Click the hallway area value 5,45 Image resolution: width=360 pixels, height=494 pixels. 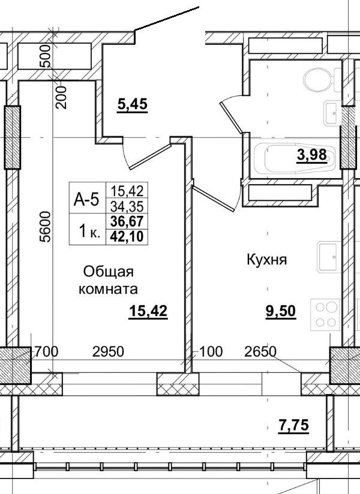132,104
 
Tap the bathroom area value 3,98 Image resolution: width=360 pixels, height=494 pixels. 311,155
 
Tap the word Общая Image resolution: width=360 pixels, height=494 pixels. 107,272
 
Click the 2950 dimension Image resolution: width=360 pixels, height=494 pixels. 108,351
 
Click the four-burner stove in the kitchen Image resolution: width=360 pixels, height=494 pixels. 325,314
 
